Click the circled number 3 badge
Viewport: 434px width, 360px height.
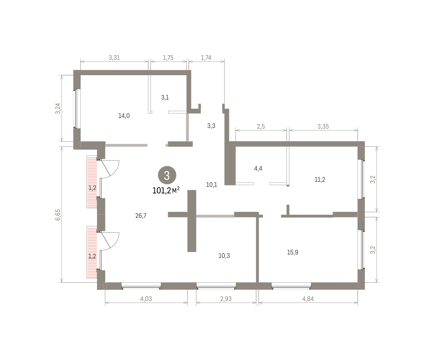pyautogui.click(x=167, y=175)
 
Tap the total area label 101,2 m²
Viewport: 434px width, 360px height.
pyautogui.click(x=166, y=190)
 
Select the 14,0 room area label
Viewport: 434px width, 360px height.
pyautogui.click(x=124, y=116)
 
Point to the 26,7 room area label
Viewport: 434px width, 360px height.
pyautogui.click(x=141, y=216)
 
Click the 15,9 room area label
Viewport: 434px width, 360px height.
pyautogui.click(x=293, y=252)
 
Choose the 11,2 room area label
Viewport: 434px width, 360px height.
pyautogui.click(x=320, y=180)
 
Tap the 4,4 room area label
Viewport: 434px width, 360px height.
pyautogui.click(x=258, y=168)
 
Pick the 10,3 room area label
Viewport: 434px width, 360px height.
pyautogui.click(x=224, y=256)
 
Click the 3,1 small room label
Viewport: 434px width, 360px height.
pyautogui.click(x=165, y=97)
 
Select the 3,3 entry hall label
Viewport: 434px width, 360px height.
pyautogui.click(x=211, y=126)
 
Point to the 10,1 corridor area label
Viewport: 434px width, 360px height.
pyautogui.click(x=211, y=184)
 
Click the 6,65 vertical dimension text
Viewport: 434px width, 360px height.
pyautogui.click(x=58, y=215)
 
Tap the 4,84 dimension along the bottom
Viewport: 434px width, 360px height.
pyautogui.click(x=308, y=299)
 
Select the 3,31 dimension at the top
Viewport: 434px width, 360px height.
pyautogui.click(x=114, y=57)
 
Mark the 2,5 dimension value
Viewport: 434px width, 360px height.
pyautogui.click(x=261, y=126)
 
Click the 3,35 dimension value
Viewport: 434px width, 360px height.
pyautogui.click(x=323, y=126)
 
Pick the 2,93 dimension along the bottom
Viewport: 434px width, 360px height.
pyautogui.click(x=226, y=299)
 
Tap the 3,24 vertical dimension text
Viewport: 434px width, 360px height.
pyautogui.click(x=58, y=108)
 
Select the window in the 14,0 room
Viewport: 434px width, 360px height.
pyautogui.click(x=76, y=109)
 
